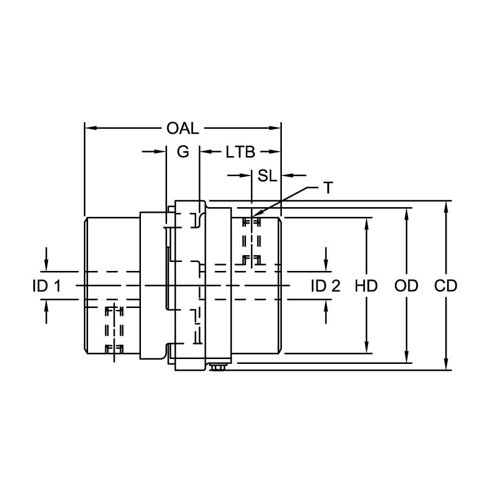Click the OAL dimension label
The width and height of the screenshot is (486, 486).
point(183,128)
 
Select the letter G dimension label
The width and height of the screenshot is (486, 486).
point(182,152)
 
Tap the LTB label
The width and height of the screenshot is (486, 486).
point(240,152)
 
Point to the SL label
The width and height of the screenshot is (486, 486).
point(267,176)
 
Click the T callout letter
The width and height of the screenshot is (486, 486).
point(328,188)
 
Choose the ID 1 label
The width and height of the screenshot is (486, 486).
point(46,286)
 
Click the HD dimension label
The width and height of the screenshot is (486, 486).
point(366,286)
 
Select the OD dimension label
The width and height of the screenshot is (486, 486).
point(406,286)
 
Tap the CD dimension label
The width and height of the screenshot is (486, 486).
point(446,286)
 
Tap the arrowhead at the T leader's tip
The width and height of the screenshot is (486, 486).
point(253,216)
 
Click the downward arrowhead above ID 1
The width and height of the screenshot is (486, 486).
point(47,265)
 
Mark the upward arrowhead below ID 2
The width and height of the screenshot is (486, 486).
point(326,306)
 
